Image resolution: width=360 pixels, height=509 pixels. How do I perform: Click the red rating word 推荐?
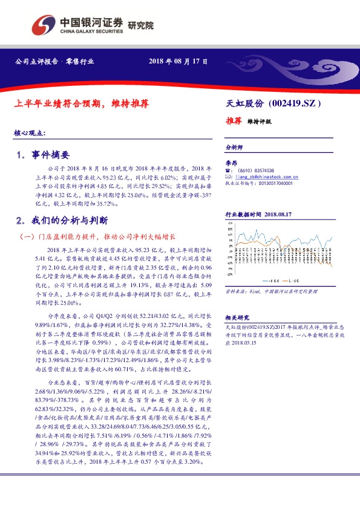point(233,121)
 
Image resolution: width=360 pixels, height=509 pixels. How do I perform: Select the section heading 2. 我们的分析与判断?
point(63,220)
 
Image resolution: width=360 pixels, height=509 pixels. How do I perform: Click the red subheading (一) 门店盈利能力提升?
point(97,236)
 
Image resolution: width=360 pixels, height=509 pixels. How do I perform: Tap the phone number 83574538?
point(262,171)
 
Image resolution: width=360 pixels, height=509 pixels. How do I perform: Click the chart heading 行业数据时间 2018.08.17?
point(258,214)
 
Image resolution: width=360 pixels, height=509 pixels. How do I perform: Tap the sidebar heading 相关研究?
point(237,317)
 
